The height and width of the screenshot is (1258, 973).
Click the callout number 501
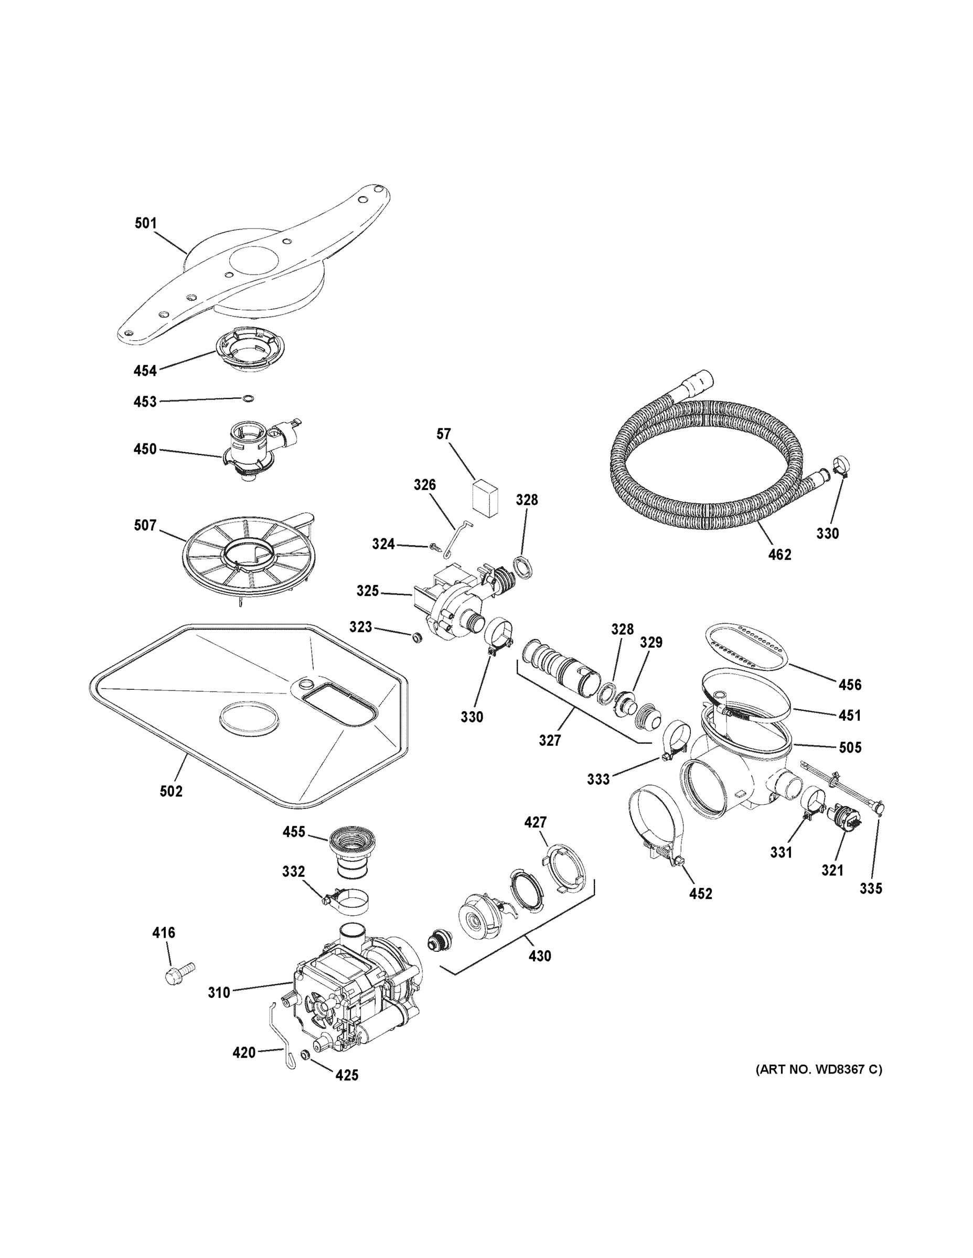coord(145,223)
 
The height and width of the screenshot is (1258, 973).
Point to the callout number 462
coord(779,554)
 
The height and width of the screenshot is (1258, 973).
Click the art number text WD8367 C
coord(818,1070)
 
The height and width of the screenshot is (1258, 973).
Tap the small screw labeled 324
coord(436,547)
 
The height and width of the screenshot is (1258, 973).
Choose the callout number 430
coord(540,956)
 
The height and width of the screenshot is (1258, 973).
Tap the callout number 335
coord(870,888)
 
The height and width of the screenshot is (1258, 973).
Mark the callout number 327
coord(549,740)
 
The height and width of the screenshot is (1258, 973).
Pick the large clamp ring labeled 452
coord(657,822)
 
